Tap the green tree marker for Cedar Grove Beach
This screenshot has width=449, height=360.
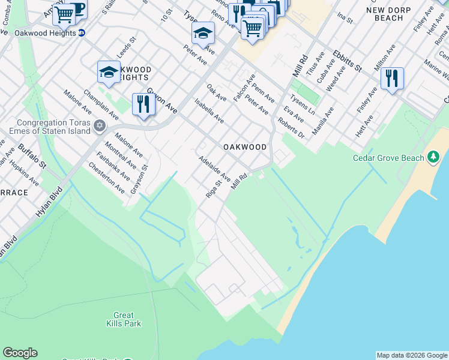(x=433, y=158)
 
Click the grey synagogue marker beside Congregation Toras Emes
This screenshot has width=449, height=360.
(x=100, y=126)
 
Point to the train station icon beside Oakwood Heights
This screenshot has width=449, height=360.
(x=82, y=33)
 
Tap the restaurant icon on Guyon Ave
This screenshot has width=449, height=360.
(x=143, y=104)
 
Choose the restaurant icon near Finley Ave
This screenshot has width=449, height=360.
(x=391, y=78)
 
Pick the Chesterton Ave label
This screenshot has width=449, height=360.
(x=106, y=178)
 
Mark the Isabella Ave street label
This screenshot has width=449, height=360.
(x=209, y=112)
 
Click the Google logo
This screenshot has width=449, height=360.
(x=20, y=353)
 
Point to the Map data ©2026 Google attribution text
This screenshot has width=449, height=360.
(x=412, y=355)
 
